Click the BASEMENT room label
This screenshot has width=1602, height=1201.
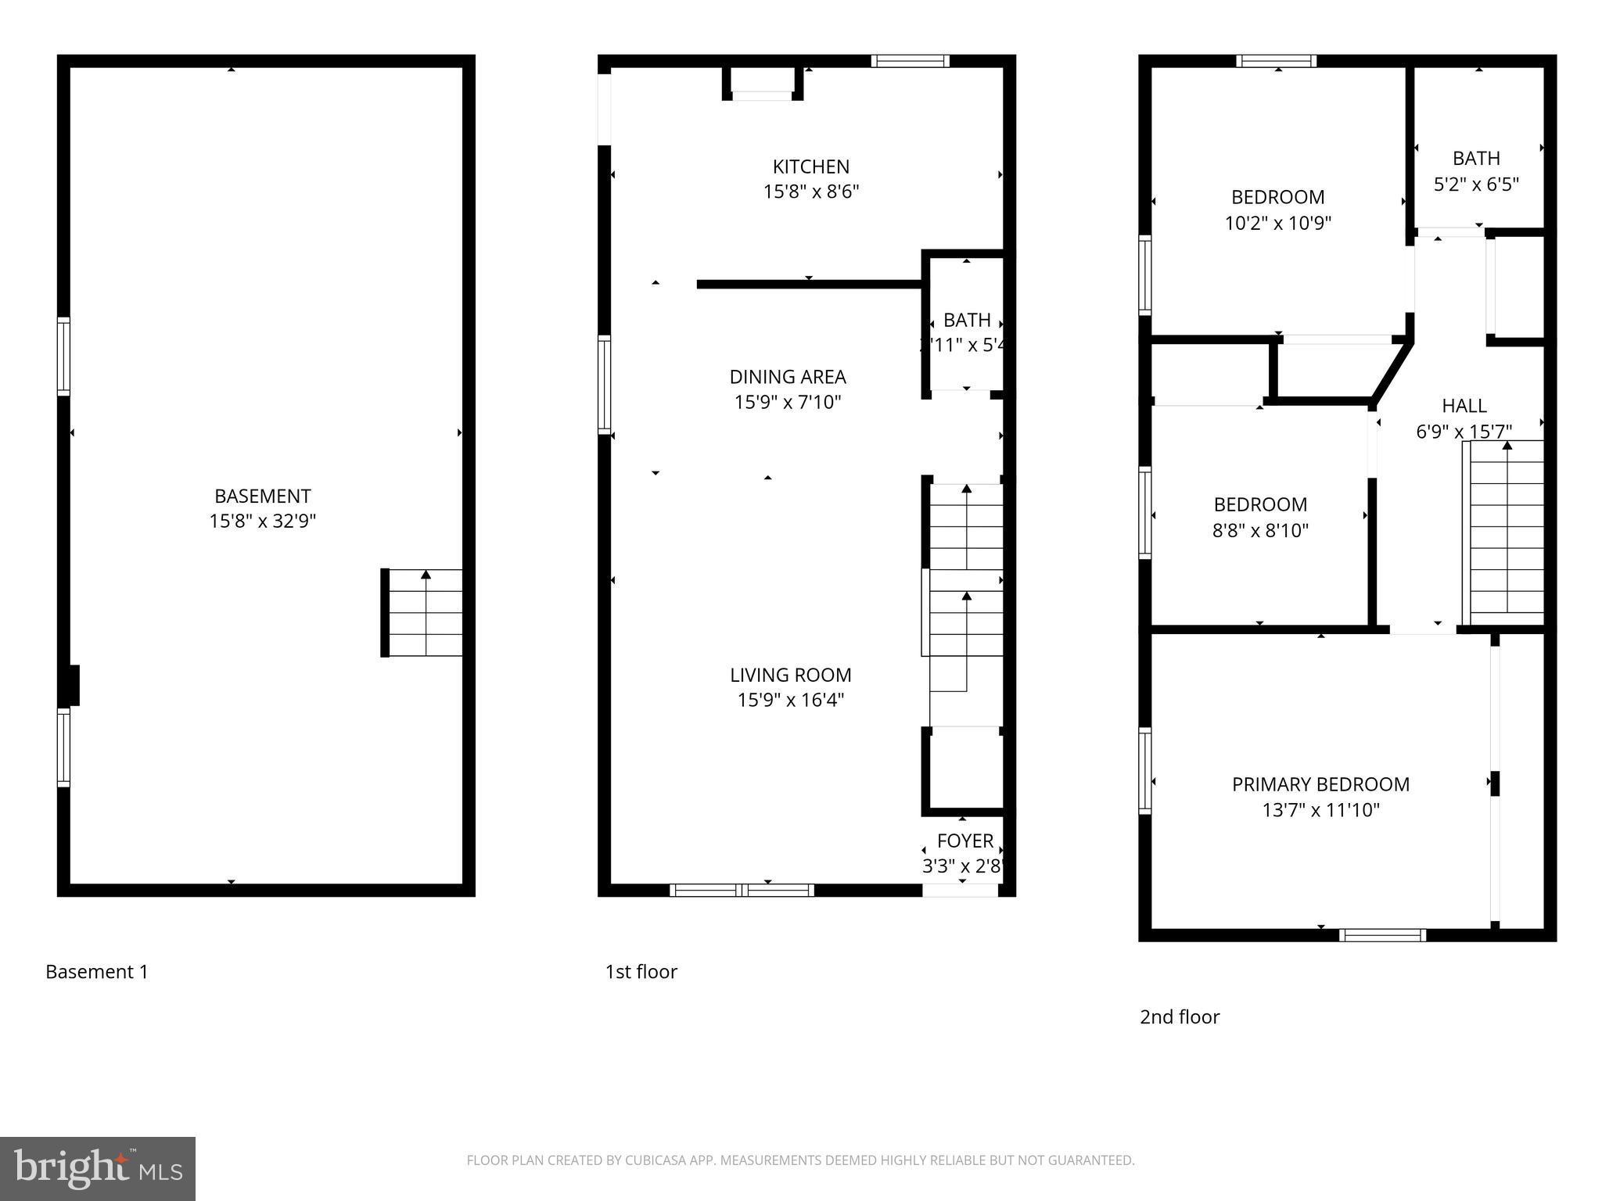tap(262, 496)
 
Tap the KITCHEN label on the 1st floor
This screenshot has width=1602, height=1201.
tap(810, 167)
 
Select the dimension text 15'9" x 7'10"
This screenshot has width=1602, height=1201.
tap(788, 402)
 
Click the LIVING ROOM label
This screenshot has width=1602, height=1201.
tap(790, 675)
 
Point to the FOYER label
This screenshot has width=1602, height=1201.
tap(964, 841)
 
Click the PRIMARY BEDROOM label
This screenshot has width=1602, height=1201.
tap(1320, 784)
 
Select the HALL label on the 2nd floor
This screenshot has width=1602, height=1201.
tap(1464, 406)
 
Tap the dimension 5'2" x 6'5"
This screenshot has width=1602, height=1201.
tap(1476, 185)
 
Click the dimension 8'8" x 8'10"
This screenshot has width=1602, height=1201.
tap(1260, 530)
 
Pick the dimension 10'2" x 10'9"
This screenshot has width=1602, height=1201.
tap(1277, 223)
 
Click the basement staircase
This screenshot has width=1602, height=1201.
tap(423, 612)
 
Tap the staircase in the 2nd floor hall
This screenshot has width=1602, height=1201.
tap(1505, 532)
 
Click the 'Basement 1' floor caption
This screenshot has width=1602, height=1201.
tap(97, 972)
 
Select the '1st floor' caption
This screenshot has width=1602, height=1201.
tap(641, 972)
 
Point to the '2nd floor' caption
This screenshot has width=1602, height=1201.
tap(1179, 1017)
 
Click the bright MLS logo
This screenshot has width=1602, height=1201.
tap(97, 1168)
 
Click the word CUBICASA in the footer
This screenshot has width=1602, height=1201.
tap(656, 1160)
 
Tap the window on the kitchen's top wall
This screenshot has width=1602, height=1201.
tap(910, 61)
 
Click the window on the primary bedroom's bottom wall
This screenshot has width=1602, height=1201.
tap(1381, 935)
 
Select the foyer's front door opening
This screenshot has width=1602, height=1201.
tap(960, 891)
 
